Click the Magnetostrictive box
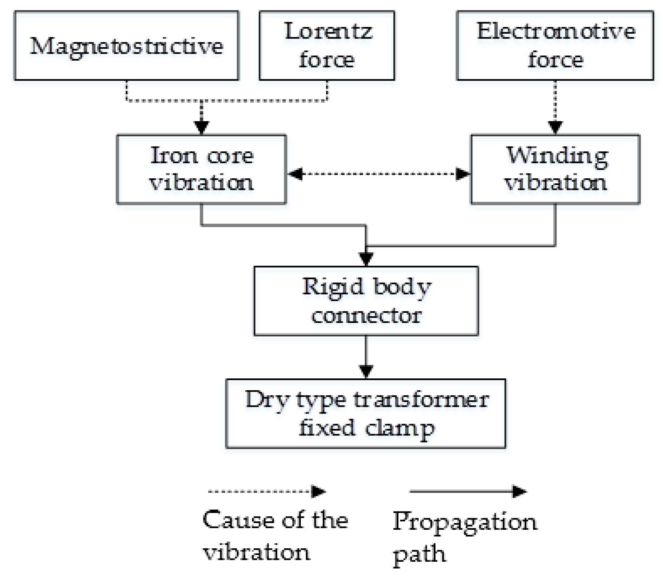pyautogui.click(x=126, y=46)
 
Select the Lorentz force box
pyautogui.click(x=327, y=46)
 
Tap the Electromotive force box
pyautogui.click(x=555, y=46)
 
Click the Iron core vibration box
pyautogui.click(x=201, y=169)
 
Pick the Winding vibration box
pyautogui.click(x=555, y=169)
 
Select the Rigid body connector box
pyautogui.click(x=366, y=301)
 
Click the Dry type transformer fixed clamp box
pyautogui.click(x=365, y=413)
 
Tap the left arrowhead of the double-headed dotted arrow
pyautogui.click(x=295, y=173)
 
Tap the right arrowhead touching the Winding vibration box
pyautogui.click(x=463, y=173)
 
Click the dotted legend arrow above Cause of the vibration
pyautogui.click(x=266, y=491)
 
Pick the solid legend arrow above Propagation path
pyautogui.click(x=468, y=491)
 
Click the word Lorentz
pyautogui.click(x=328, y=32)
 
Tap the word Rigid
pyautogui.click(x=332, y=287)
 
